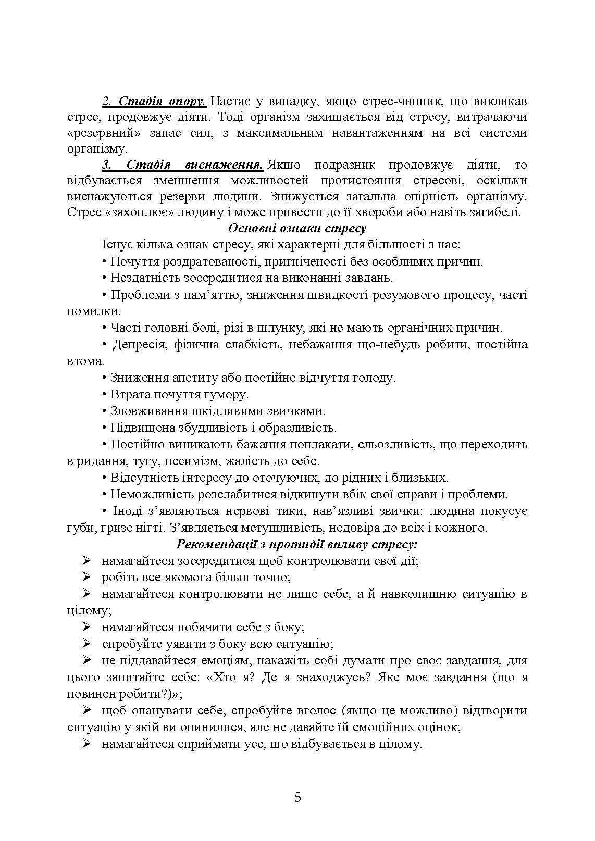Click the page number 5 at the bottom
point(297,797)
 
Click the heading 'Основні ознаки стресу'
point(297,228)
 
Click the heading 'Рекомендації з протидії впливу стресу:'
point(297,545)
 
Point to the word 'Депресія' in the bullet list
point(137,344)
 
